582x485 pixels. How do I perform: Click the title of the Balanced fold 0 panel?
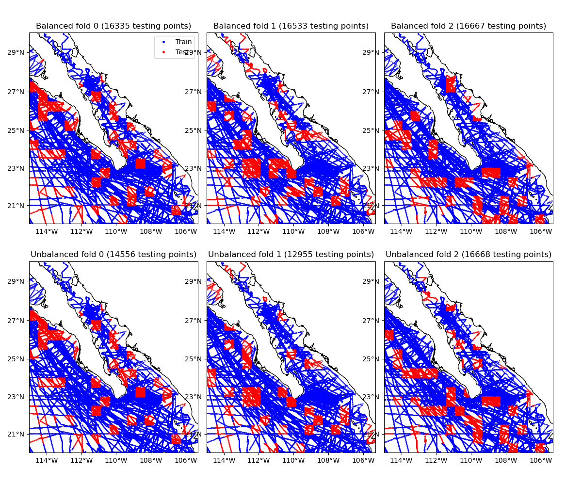113,26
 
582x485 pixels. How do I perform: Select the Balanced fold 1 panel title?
291,26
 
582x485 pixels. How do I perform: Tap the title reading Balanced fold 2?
469,26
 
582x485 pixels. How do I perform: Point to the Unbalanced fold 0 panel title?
113,255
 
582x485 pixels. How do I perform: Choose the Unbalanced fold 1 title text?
291,255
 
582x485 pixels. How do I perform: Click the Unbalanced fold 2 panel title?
469,255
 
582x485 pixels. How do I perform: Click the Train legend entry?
183,42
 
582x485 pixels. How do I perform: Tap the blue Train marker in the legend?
163,42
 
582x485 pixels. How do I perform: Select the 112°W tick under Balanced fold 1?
259,231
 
